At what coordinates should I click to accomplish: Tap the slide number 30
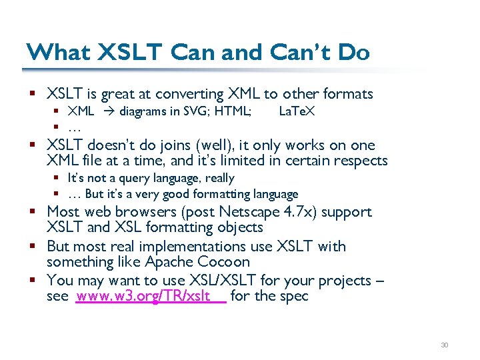(445, 345)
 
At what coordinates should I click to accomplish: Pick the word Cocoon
(224, 262)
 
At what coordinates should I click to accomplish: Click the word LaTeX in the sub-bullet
(297, 111)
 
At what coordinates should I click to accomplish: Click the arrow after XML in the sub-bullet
(107, 111)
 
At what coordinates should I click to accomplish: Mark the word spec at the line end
(293, 296)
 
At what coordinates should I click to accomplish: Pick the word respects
(361, 161)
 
